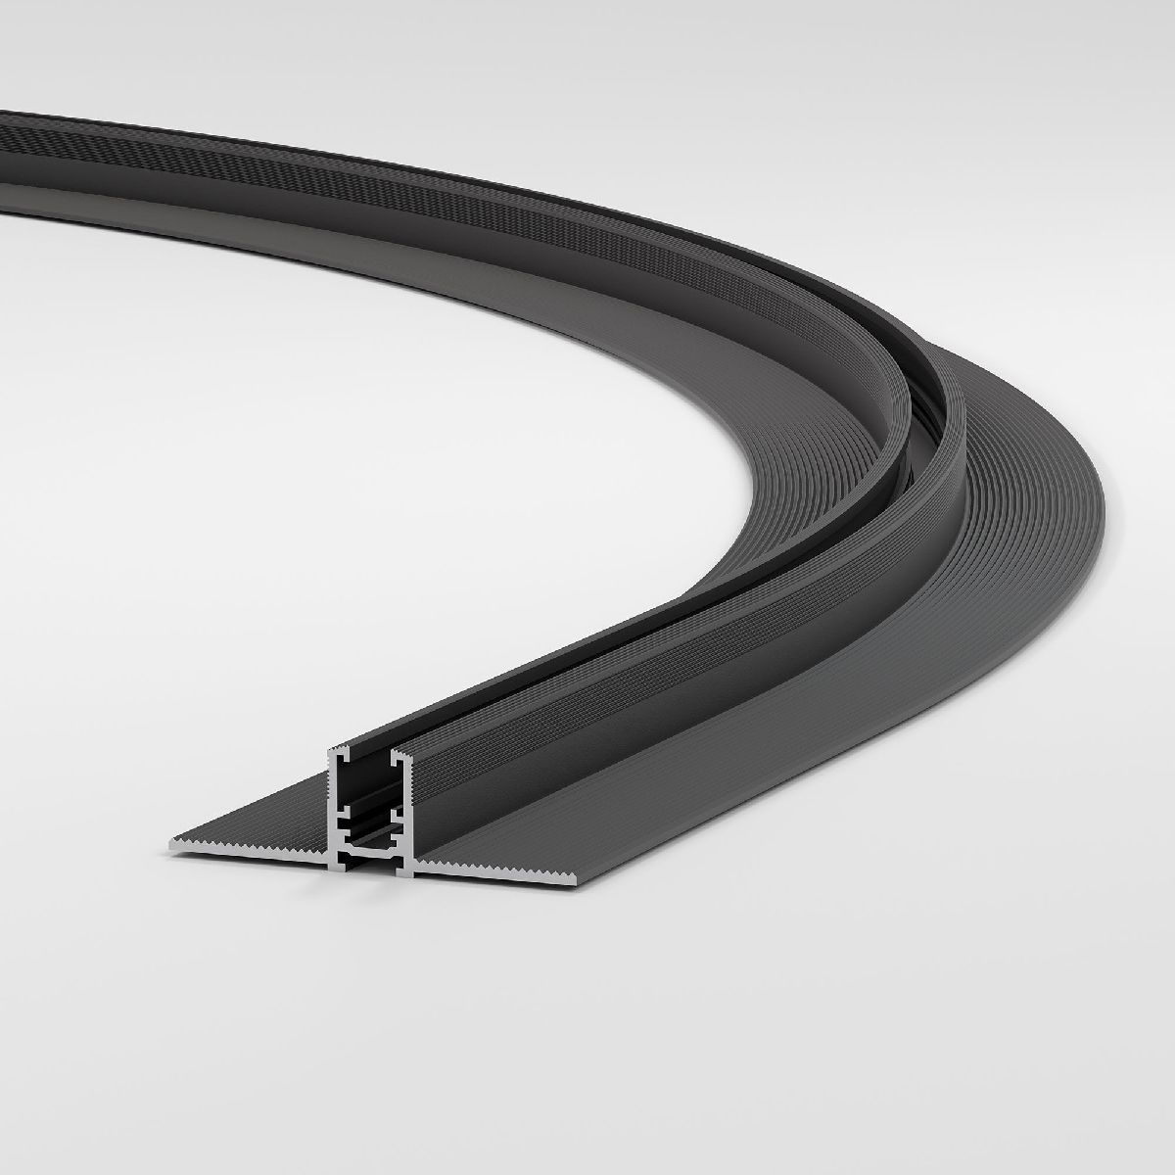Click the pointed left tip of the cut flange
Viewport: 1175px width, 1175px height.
(173, 841)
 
